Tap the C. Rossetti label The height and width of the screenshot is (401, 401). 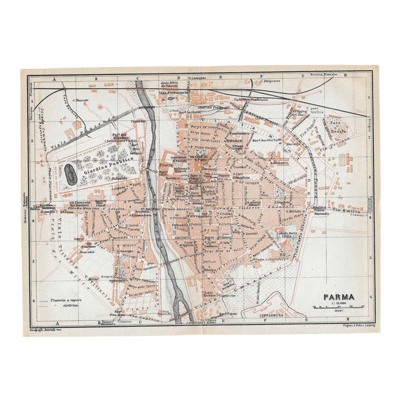(x=80, y=100)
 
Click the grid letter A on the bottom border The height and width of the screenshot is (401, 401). (x=55, y=323)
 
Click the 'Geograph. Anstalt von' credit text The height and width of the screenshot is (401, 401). (x=46, y=328)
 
